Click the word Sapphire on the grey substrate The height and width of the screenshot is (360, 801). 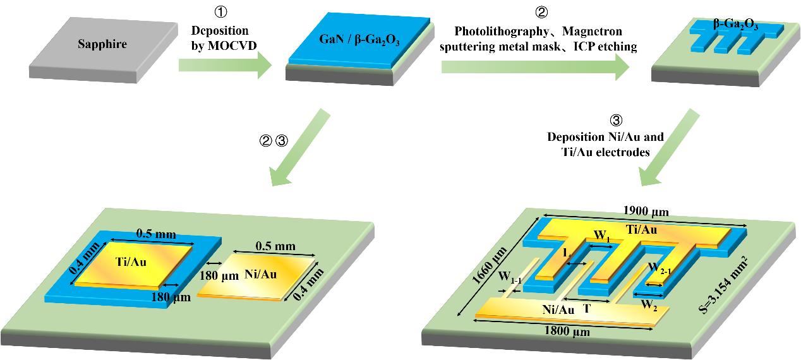pyautogui.click(x=102, y=44)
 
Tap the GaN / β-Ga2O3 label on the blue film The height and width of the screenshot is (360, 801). pyautogui.click(x=358, y=43)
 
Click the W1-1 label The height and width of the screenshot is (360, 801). pyautogui.click(x=510, y=276)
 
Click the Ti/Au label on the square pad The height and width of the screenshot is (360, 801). pyautogui.click(x=131, y=262)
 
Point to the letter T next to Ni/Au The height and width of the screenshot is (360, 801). pyautogui.click(x=587, y=309)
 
